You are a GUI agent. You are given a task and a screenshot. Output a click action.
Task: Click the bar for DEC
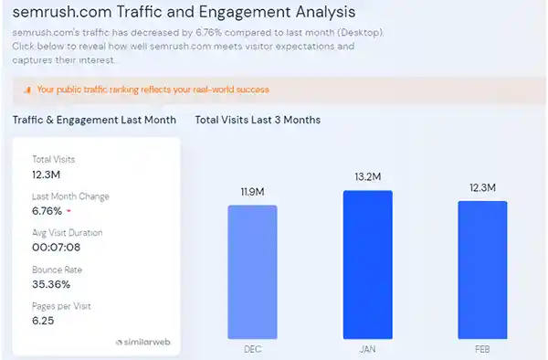click(252, 270)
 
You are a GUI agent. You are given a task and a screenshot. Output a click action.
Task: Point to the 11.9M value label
click(252, 192)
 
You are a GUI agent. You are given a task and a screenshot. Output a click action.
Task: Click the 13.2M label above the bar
click(367, 177)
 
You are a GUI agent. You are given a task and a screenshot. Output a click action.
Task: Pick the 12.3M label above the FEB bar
click(481, 187)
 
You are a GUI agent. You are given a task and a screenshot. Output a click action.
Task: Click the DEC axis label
click(252, 348)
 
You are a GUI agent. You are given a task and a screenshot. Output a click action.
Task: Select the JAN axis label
click(367, 348)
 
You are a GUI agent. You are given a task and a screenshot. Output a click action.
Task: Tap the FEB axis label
click(481, 348)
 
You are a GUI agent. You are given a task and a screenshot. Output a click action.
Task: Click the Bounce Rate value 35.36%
click(52, 283)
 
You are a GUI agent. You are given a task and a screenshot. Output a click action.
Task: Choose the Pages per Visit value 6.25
click(44, 321)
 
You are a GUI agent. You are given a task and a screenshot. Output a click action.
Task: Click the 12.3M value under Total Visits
click(46, 174)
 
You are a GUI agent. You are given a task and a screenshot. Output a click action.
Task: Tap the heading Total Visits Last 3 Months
click(258, 120)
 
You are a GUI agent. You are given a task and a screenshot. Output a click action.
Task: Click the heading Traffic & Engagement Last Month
click(95, 120)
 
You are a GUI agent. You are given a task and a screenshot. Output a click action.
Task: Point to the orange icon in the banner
click(26, 90)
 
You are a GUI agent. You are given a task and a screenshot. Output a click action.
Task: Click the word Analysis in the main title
click(312, 13)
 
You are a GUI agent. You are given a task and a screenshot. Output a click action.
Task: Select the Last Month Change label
click(70, 196)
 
